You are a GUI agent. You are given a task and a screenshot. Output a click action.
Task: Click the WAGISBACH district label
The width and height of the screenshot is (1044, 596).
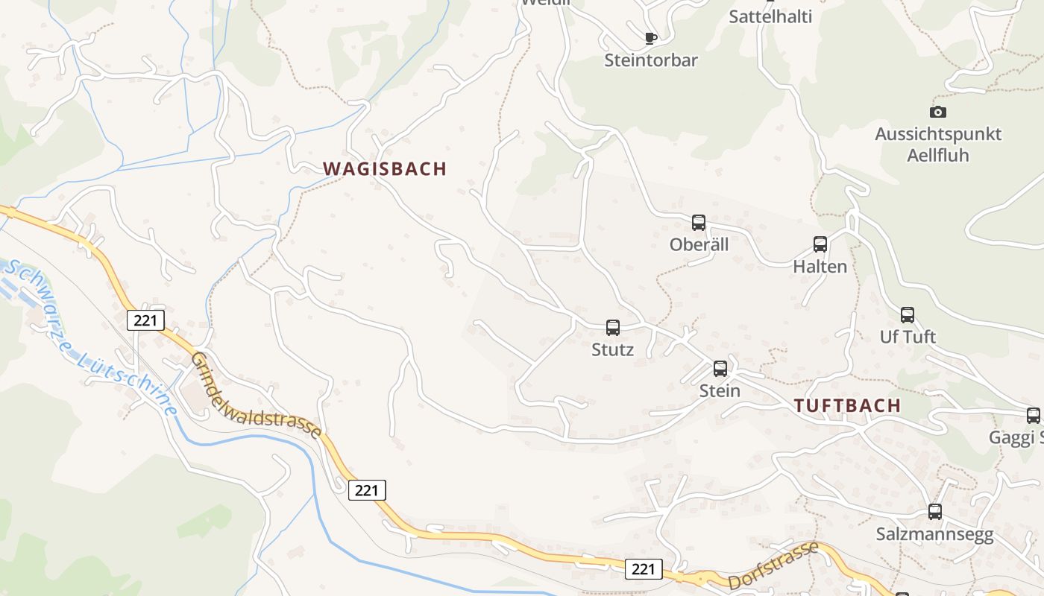pos(385,168)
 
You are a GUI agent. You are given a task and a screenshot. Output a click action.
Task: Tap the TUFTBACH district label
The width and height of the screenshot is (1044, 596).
pos(847,406)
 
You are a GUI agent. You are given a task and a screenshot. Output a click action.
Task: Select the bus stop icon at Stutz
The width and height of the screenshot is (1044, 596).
pos(613,327)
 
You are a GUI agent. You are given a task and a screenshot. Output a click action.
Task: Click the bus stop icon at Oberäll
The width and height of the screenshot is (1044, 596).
pos(699,222)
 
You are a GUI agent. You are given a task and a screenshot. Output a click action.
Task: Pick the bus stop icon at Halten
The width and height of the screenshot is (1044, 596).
pos(820,244)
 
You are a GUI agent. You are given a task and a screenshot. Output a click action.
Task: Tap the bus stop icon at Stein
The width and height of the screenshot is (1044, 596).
pos(720,368)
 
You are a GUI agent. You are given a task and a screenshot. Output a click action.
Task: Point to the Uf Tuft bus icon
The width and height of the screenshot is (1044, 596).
pos(908,314)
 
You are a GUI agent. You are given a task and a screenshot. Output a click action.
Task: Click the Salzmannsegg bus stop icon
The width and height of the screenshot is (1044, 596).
pos(935,512)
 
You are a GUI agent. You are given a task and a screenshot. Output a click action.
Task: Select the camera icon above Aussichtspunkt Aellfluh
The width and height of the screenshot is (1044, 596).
pos(938,112)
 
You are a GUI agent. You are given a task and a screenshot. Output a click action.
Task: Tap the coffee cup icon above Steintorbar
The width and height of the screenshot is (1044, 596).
pos(651,37)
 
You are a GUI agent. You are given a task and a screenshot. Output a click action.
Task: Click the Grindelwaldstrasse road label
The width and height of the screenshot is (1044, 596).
pos(257,395)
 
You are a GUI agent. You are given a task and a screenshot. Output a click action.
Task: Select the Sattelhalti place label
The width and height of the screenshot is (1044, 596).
pos(770,16)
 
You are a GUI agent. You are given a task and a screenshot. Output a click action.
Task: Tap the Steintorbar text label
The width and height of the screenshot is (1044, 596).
pos(651,60)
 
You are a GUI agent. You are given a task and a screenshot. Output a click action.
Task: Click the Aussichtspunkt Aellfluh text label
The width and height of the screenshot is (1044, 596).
pos(937,145)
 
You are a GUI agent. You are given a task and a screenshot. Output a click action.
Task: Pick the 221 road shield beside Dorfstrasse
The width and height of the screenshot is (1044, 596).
pos(643,569)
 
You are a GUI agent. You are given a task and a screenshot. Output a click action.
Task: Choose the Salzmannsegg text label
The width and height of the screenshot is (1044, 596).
pos(934,535)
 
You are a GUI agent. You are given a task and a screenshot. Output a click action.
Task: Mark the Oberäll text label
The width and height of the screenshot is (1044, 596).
pos(699,244)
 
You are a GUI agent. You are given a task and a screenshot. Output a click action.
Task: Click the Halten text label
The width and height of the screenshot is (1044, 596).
pos(820,267)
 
